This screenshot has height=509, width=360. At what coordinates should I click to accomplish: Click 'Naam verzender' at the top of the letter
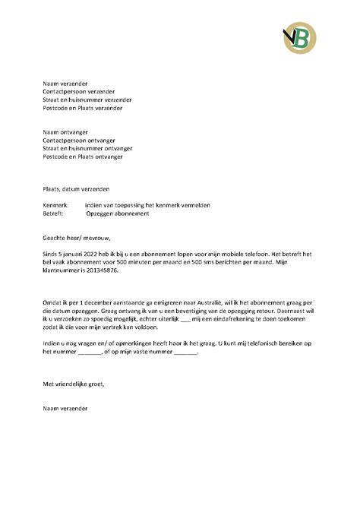click(65, 81)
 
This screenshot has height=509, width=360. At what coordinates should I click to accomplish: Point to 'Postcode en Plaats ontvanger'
click(84, 157)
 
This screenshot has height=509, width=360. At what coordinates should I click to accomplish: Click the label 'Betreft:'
click(55, 214)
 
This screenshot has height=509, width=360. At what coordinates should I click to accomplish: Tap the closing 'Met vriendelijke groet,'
click(74, 384)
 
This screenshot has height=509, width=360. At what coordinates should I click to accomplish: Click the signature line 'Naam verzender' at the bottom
click(65, 409)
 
